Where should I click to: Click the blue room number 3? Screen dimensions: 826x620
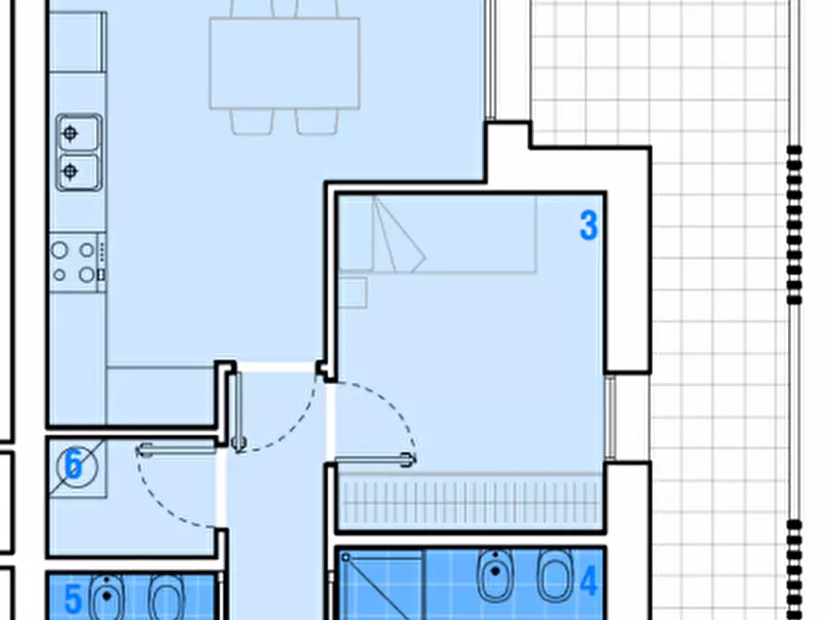point(588,225)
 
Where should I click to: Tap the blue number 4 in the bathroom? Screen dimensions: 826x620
point(588,581)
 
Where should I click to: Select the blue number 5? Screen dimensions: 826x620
point(73,599)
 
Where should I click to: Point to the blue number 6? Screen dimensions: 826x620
point(73,464)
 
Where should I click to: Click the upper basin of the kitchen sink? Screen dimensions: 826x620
point(79,133)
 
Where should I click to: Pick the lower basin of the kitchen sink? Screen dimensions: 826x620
point(79,171)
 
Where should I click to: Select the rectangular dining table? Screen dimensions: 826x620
point(285,63)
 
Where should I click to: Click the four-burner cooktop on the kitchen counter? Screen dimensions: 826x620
point(78,262)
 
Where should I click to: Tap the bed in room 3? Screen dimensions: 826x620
point(438,234)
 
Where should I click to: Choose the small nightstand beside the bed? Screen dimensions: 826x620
point(352,292)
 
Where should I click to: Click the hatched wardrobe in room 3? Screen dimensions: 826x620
point(469,501)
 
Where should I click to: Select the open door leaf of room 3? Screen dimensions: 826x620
point(375,460)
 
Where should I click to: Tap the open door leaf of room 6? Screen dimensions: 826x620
point(177,450)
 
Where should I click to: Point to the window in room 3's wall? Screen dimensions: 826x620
point(610,417)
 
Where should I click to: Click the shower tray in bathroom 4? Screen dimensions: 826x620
point(381,585)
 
